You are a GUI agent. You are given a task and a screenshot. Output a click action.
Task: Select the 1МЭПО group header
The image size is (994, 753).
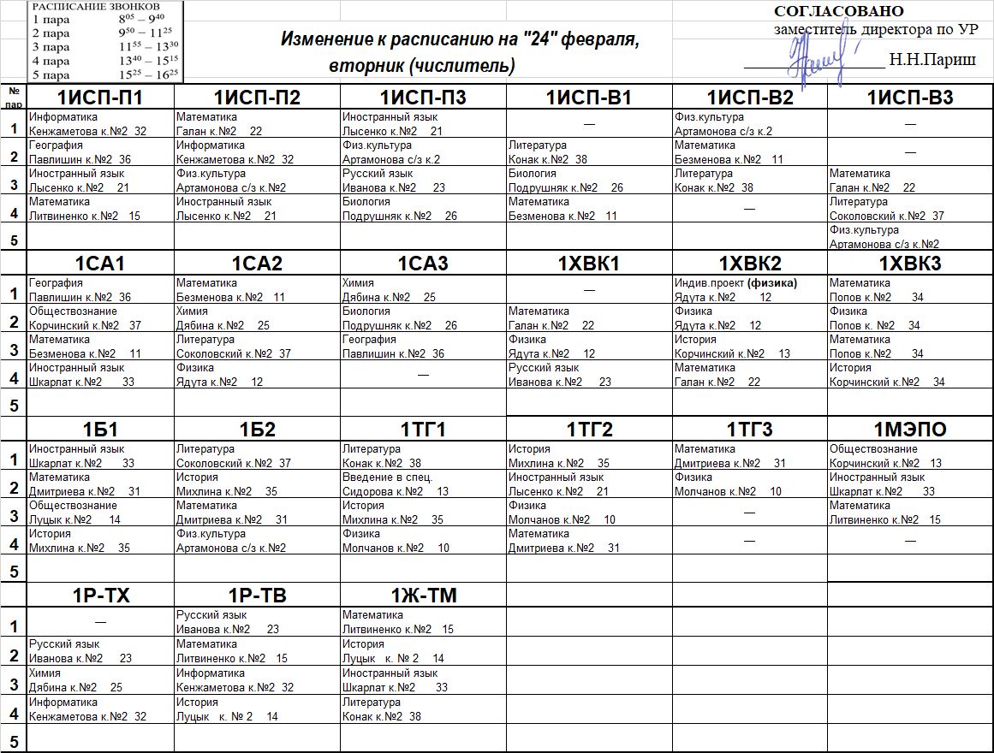point(909,430)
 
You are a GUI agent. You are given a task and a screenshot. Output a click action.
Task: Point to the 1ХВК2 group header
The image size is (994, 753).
point(750,264)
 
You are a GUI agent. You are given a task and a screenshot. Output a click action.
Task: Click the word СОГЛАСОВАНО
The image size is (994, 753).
point(838,11)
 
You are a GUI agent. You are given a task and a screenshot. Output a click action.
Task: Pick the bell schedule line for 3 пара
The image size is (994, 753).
point(104,47)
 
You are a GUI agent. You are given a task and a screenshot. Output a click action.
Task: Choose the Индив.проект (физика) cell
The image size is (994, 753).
point(749,290)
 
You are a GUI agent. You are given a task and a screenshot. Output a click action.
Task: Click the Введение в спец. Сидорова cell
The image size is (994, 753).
point(423,484)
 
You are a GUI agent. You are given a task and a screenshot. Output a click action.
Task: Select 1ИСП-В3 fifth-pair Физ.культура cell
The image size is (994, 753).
point(909,237)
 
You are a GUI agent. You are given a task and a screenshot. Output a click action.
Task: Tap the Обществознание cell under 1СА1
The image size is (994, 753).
point(99,318)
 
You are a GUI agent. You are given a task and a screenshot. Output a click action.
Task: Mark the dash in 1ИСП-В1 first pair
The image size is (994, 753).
point(589,124)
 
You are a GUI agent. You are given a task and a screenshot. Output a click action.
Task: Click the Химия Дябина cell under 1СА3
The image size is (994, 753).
point(423,290)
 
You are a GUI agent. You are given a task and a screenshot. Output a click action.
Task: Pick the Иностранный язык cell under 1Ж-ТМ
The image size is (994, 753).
point(423,680)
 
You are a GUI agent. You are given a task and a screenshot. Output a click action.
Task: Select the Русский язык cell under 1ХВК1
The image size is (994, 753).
point(589,375)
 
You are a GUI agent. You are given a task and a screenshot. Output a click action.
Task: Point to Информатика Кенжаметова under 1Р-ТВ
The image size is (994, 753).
point(257,680)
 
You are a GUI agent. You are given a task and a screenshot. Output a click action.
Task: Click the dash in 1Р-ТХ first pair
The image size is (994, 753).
point(100,620)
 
